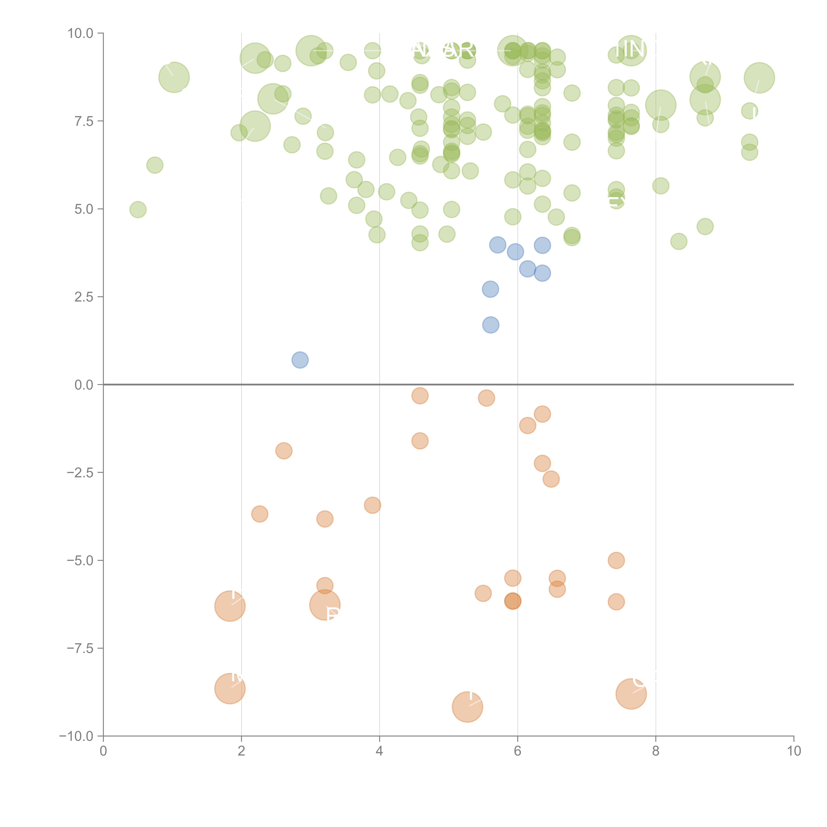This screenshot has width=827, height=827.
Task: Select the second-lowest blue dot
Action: (491, 325)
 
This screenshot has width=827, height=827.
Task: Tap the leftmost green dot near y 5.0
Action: (138, 210)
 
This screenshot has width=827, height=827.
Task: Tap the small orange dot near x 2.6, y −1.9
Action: (284, 451)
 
